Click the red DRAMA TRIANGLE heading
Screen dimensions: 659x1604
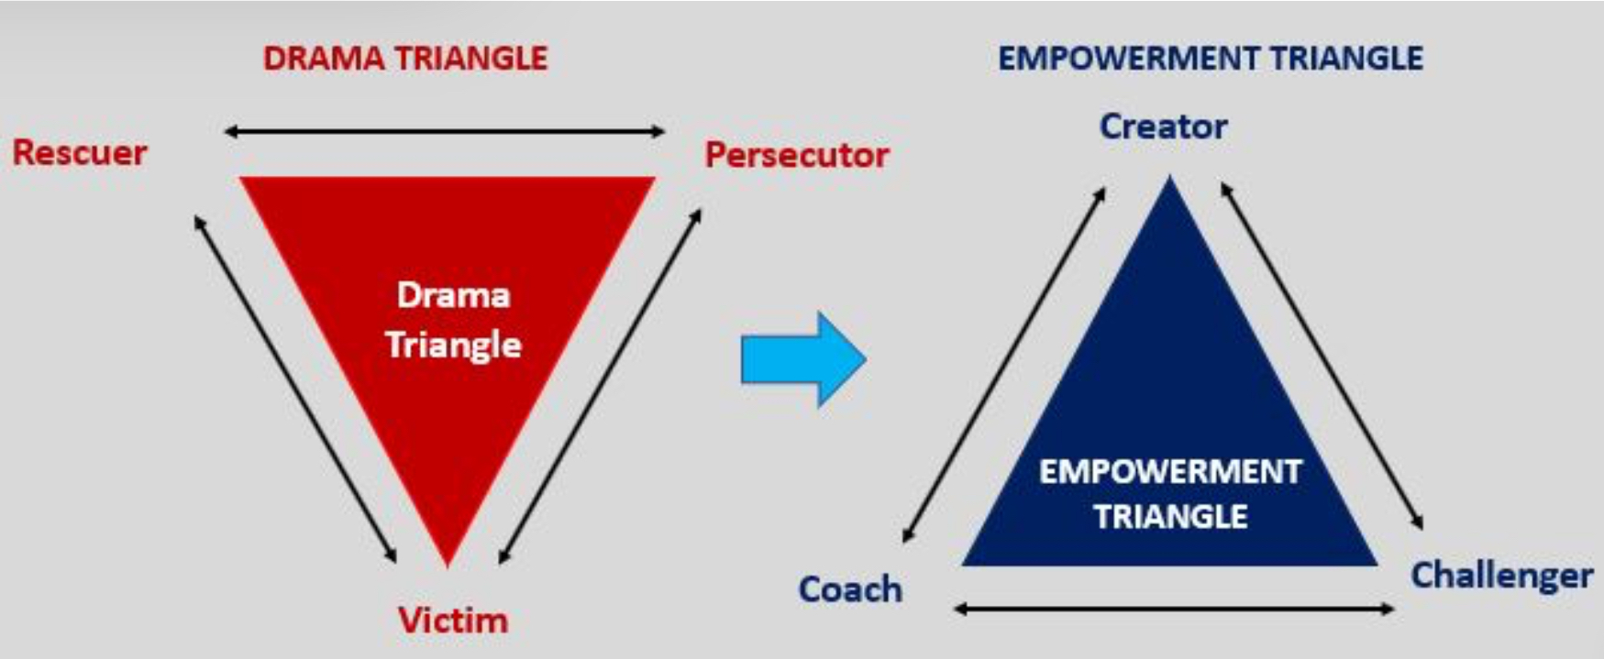(x=404, y=59)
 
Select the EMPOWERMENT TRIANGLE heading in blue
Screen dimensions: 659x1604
(x=1210, y=59)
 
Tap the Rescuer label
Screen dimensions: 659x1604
(x=80, y=152)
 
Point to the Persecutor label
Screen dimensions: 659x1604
(x=796, y=155)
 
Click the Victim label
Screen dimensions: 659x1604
(x=452, y=621)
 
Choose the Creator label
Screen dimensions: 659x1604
(x=1163, y=126)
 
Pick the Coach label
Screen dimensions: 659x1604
(x=850, y=589)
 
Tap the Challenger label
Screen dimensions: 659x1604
(x=1500, y=576)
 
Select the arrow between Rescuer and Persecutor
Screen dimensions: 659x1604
(x=445, y=132)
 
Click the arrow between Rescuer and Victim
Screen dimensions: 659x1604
(x=295, y=388)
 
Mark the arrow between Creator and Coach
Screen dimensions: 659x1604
(x=1004, y=365)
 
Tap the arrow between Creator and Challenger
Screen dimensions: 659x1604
(x=1322, y=356)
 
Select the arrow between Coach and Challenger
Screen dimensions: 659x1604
(x=1175, y=609)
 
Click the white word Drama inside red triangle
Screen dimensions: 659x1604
(x=453, y=295)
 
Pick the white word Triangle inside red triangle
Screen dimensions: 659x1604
(x=453, y=346)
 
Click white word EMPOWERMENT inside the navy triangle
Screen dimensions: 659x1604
(x=1169, y=471)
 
